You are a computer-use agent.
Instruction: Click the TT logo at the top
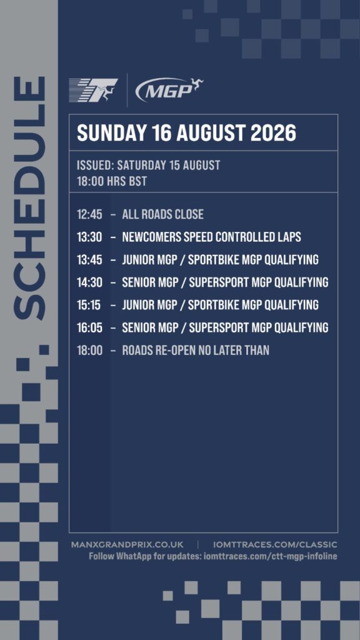pyautogui.click(x=94, y=90)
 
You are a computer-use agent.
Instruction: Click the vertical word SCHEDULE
pyautogui.click(x=29, y=198)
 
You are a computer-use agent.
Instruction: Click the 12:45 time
pyautogui.click(x=89, y=214)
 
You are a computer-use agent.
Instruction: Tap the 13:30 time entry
pyautogui.click(x=89, y=237)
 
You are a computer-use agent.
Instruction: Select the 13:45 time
pyautogui.click(x=89, y=259)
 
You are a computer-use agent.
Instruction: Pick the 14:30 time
pyautogui.click(x=89, y=282)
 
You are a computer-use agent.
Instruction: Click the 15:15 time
pyautogui.click(x=89, y=305)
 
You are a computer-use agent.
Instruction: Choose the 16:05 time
pyautogui.click(x=89, y=327)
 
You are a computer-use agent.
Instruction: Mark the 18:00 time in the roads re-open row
pyautogui.click(x=90, y=350)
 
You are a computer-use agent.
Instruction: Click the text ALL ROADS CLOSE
pyautogui.click(x=163, y=214)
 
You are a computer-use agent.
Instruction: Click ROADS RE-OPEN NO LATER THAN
pyautogui.click(x=196, y=350)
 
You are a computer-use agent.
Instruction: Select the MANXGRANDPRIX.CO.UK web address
pyautogui.click(x=127, y=545)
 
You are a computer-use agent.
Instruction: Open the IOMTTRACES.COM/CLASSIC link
pyautogui.click(x=275, y=545)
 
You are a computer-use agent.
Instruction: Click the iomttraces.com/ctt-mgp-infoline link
pyautogui.click(x=270, y=556)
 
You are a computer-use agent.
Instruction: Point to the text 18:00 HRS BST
pyautogui.click(x=112, y=181)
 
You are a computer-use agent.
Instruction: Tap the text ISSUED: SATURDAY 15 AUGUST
pyautogui.click(x=149, y=165)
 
